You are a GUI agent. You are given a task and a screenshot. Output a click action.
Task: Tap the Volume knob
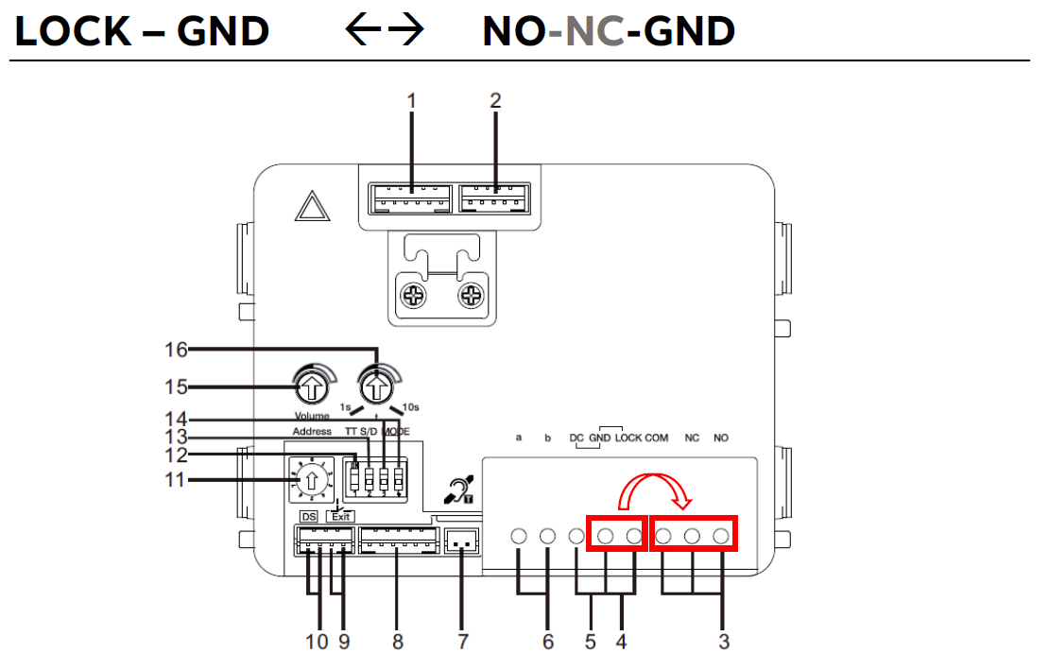click(x=311, y=386)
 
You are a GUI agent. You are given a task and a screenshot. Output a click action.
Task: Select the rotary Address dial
click(x=308, y=480)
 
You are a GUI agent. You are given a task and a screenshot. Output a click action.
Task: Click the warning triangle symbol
click(x=312, y=207)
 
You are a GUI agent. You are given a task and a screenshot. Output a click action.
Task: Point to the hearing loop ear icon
click(x=458, y=490)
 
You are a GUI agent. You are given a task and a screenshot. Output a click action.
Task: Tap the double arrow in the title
click(x=385, y=32)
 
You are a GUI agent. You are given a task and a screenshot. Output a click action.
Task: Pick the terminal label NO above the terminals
click(x=721, y=438)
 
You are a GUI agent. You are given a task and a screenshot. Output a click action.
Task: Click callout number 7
click(x=462, y=642)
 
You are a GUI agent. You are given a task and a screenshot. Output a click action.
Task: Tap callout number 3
click(x=723, y=642)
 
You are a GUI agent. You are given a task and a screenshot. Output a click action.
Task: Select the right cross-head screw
click(x=471, y=297)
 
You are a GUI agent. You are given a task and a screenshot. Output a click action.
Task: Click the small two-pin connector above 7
click(x=461, y=542)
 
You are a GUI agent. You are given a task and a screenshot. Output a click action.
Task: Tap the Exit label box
click(x=340, y=517)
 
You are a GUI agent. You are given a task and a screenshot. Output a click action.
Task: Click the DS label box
click(x=309, y=517)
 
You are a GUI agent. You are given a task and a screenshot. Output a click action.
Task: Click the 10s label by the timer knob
click(x=411, y=407)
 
